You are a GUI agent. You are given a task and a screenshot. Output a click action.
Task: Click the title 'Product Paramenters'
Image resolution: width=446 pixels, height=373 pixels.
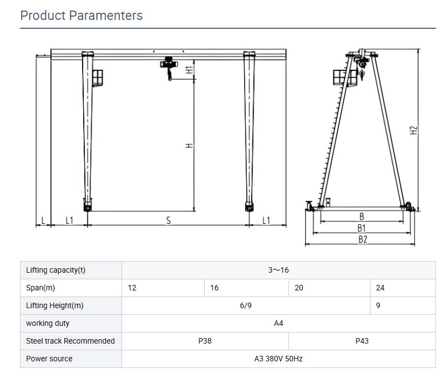[x=81, y=16]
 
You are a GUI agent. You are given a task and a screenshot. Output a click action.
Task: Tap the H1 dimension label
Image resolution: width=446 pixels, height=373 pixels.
[x=189, y=70]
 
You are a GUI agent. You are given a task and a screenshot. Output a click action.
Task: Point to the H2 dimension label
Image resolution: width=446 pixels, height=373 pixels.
[x=413, y=130]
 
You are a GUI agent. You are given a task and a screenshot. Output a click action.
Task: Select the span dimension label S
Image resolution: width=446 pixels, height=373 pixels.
[x=168, y=221]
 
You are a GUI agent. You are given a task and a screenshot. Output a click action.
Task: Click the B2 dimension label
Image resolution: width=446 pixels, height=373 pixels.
[x=362, y=240]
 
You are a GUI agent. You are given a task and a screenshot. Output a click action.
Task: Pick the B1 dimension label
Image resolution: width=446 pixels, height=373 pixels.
[x=361, y=228]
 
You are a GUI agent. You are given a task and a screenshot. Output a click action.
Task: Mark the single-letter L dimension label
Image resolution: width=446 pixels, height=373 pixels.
[x=43, y=221]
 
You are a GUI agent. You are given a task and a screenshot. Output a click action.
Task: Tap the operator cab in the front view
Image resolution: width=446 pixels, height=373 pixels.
[x=98, y=78]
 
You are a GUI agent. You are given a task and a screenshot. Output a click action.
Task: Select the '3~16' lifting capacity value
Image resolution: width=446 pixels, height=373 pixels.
[x=278, y=270]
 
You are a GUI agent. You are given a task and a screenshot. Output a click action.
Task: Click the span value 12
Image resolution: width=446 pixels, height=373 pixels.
[x=132, y=288]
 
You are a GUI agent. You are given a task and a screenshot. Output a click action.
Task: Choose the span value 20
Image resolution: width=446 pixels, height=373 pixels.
[x=299, y=288]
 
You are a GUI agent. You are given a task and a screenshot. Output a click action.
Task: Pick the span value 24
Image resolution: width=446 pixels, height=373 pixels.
[x=380, y=288]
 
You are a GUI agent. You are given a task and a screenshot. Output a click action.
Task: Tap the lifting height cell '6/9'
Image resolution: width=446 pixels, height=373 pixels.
[x=246, y=305]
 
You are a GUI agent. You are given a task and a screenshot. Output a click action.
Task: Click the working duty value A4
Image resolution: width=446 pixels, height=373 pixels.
[x=278, y=323]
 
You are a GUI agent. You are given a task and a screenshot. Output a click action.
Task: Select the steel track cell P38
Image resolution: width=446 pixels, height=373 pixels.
[x=205, y=341]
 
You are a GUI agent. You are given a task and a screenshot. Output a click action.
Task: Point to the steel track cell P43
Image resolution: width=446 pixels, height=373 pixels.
[x=362, y=341]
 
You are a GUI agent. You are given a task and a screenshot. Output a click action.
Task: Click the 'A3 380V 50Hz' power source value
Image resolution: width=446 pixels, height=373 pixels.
[x=278, y=359]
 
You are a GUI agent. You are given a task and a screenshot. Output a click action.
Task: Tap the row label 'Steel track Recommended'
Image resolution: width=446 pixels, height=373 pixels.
[x=70, y=341]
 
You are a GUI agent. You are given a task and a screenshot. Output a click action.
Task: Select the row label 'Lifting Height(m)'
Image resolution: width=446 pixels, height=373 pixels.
[x=55, y=305]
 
